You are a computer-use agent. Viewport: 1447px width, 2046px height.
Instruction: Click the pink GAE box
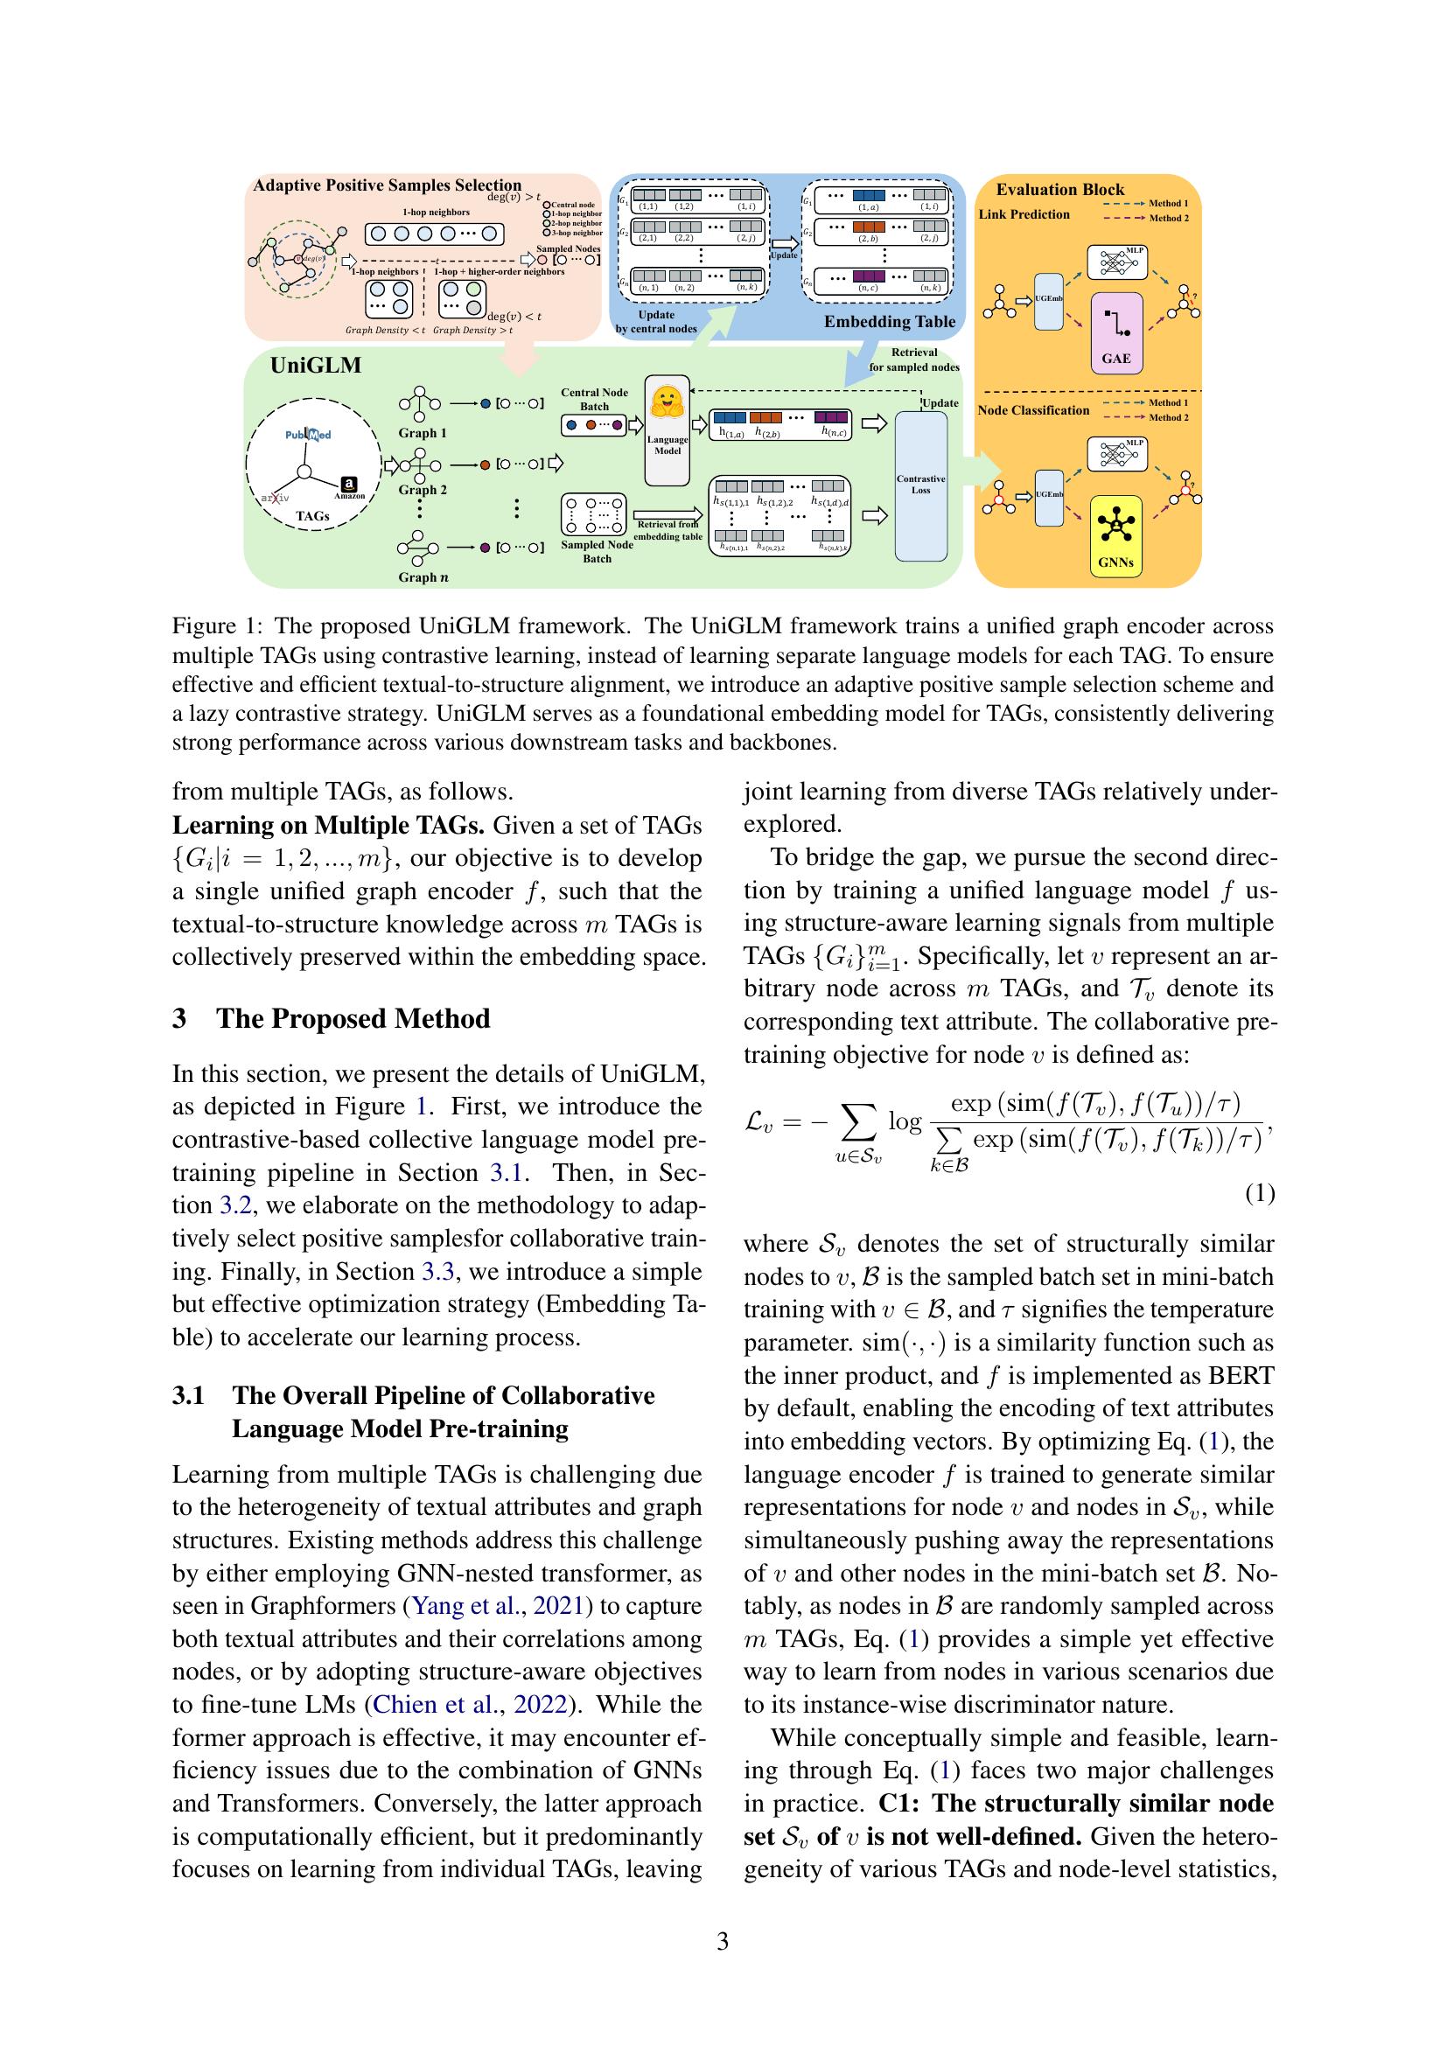click(x=1115, y=332)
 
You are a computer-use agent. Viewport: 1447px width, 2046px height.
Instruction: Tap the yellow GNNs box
click(x=1115, y=534)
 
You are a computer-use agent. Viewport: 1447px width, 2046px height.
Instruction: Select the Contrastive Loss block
click(x=920, y=485)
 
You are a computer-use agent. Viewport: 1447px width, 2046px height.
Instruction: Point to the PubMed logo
click(x=308, y=435)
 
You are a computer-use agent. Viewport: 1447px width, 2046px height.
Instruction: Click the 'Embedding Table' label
click(x=888, y=322)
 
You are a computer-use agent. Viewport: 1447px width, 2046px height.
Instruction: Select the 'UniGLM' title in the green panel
click(x=316, y=366)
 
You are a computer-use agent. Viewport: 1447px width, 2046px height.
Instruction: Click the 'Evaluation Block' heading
click(x=1059, y=189)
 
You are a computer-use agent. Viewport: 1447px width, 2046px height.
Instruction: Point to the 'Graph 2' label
click(x=423, y=490)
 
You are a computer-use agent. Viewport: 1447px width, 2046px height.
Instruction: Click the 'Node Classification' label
click(x=1032, y=411)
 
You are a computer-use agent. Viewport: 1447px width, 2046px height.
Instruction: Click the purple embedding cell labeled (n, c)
click(x=868, y=276)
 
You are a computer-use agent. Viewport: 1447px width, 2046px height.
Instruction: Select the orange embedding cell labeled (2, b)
click(x=868, y=227)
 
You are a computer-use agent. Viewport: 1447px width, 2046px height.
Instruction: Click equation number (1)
click(x=1259, y=1193)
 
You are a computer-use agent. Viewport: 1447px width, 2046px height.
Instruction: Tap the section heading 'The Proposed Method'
click(x=353, y=1018)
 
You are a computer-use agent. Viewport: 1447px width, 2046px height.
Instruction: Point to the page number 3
click(x=723, y=1941)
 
